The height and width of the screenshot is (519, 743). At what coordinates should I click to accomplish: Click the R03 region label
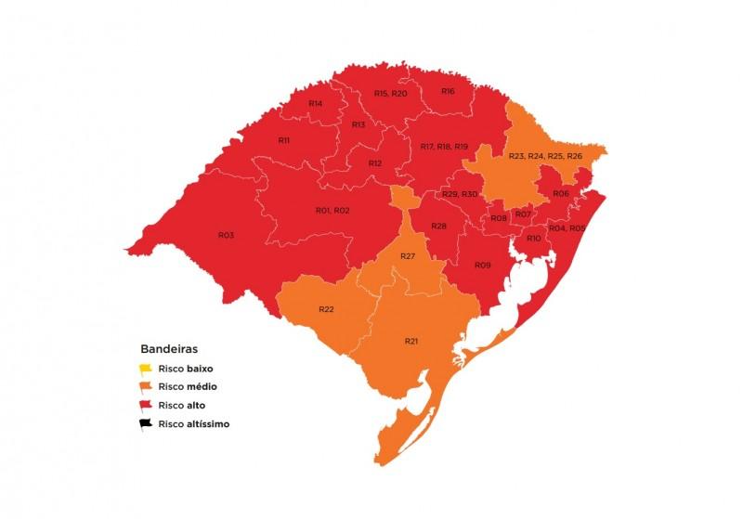pyautogui.click(x=226, y=236)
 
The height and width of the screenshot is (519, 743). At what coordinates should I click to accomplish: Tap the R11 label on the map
pyautogui.click(x=285, y=139)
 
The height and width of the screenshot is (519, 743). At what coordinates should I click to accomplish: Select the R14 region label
pyautogui.click(x=316, y=103)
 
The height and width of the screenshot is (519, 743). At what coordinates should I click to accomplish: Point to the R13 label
pyautogui.click(x=358, y=124)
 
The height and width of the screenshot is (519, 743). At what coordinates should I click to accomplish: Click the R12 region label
pyautogui.click(x=375, y=163)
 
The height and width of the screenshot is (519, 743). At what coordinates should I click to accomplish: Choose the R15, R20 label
pyautogui.click(x=390, y=94)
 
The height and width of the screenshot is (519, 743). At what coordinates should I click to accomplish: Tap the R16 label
pyautogui.click(x=448, y=91)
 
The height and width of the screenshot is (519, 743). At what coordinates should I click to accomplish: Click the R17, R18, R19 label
pyautogui.click(x=444, y=147)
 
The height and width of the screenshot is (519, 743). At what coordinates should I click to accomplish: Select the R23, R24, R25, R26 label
pyautogui.click(x=545, y=156)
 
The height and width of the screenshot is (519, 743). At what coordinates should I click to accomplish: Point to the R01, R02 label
pyautogui.click(x=332, y=211)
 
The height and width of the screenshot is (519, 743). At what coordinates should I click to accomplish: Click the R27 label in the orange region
pyautogui.click(x=407, y=255)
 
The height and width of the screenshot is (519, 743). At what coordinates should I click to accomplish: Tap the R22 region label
pyautogui.click(x=326, y=308)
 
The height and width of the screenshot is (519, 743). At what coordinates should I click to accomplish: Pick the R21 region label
pyautogui.click(x=411, y=342)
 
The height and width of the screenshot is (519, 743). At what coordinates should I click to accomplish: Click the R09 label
pyautogui.click(x=482, y=266)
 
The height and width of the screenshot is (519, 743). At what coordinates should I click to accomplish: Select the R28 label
pyautogui.click(x=439, y=227)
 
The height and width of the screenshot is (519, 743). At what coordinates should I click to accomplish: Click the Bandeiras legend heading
pyautogui.click(x=169, y=350)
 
